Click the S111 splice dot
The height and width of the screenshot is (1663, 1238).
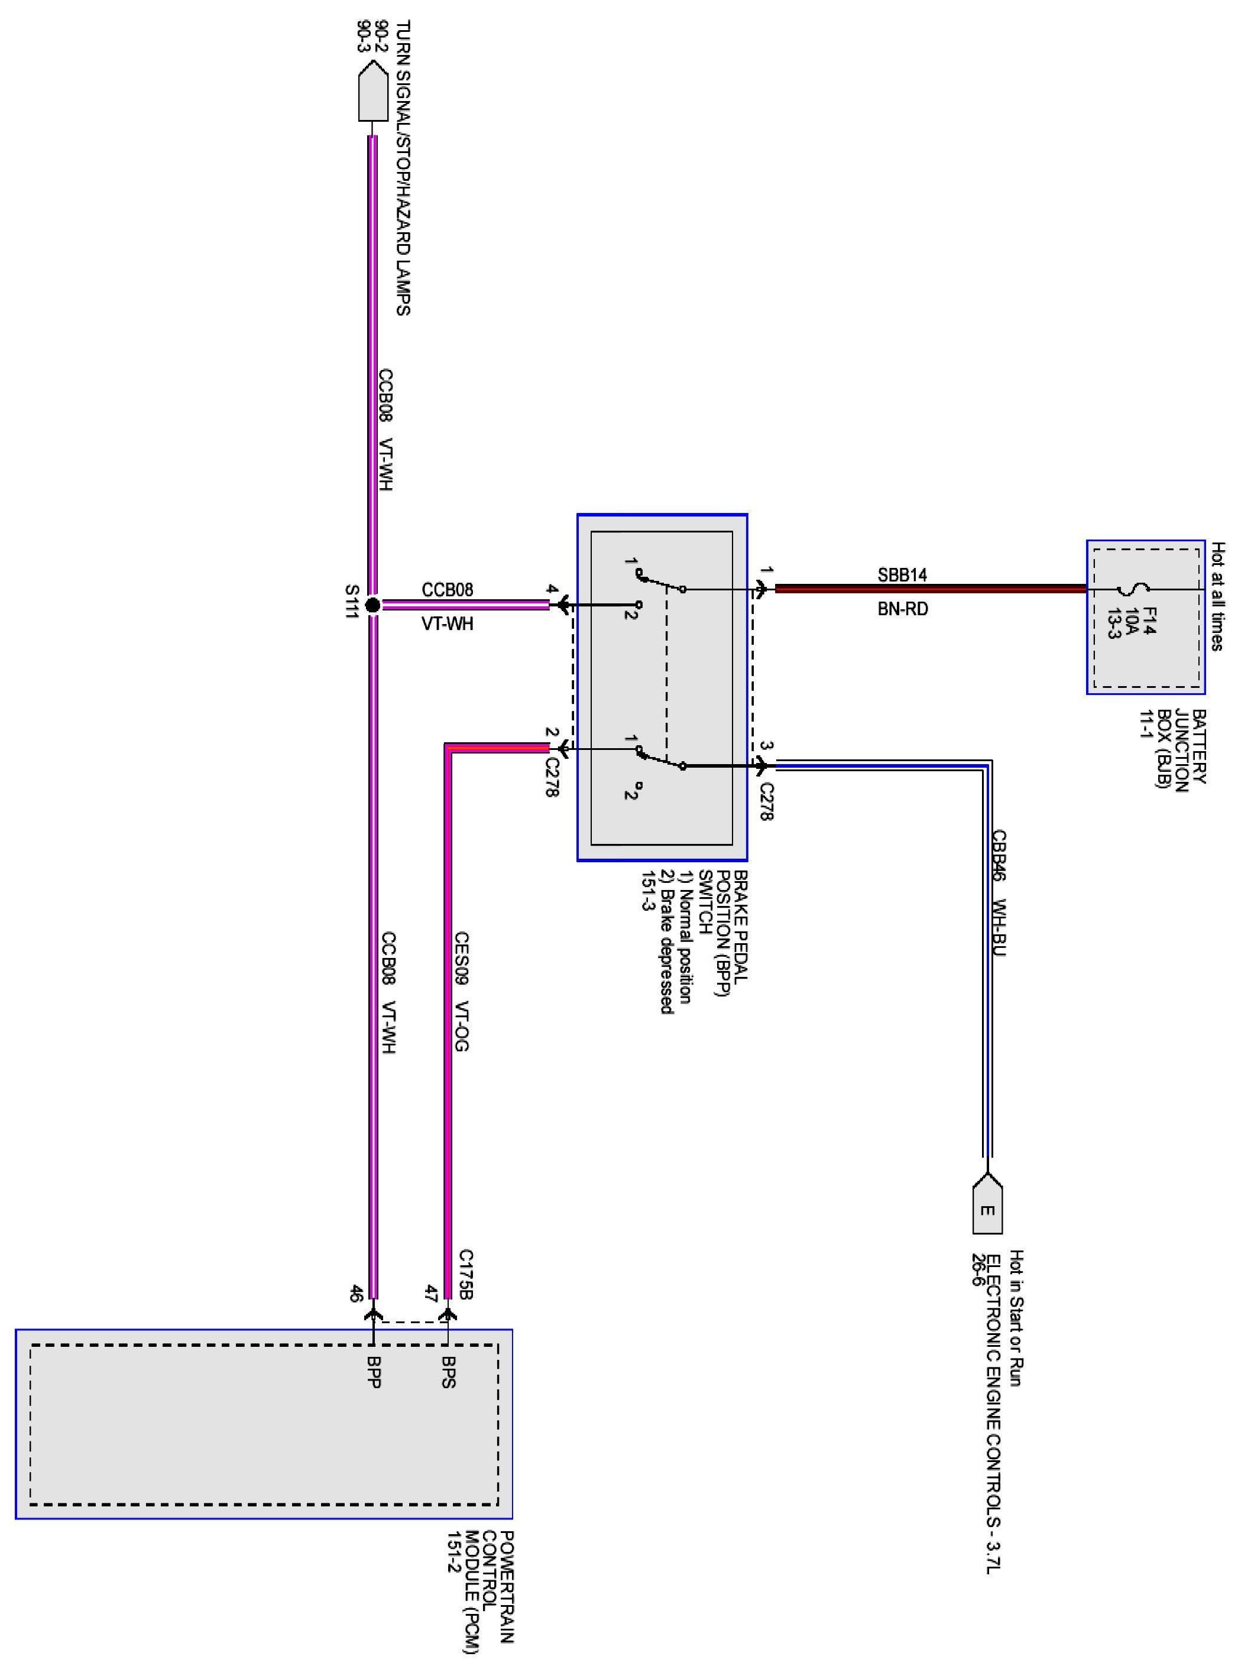(372, 605)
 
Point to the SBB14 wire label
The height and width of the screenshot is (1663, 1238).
(902, 574)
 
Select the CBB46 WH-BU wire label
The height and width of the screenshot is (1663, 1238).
(998, 892)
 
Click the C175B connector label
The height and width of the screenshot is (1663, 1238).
(466, 1274)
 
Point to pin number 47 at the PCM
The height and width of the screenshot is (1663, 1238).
(431, 1294)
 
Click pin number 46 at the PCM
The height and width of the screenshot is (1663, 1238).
(356, 1294)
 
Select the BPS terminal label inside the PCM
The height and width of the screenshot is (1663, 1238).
(448, 1372)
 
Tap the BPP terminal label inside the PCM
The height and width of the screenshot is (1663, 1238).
(373, 1372)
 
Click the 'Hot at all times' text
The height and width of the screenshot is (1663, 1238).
(1218, 596)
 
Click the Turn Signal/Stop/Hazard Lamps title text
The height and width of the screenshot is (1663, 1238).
(403, 168)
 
